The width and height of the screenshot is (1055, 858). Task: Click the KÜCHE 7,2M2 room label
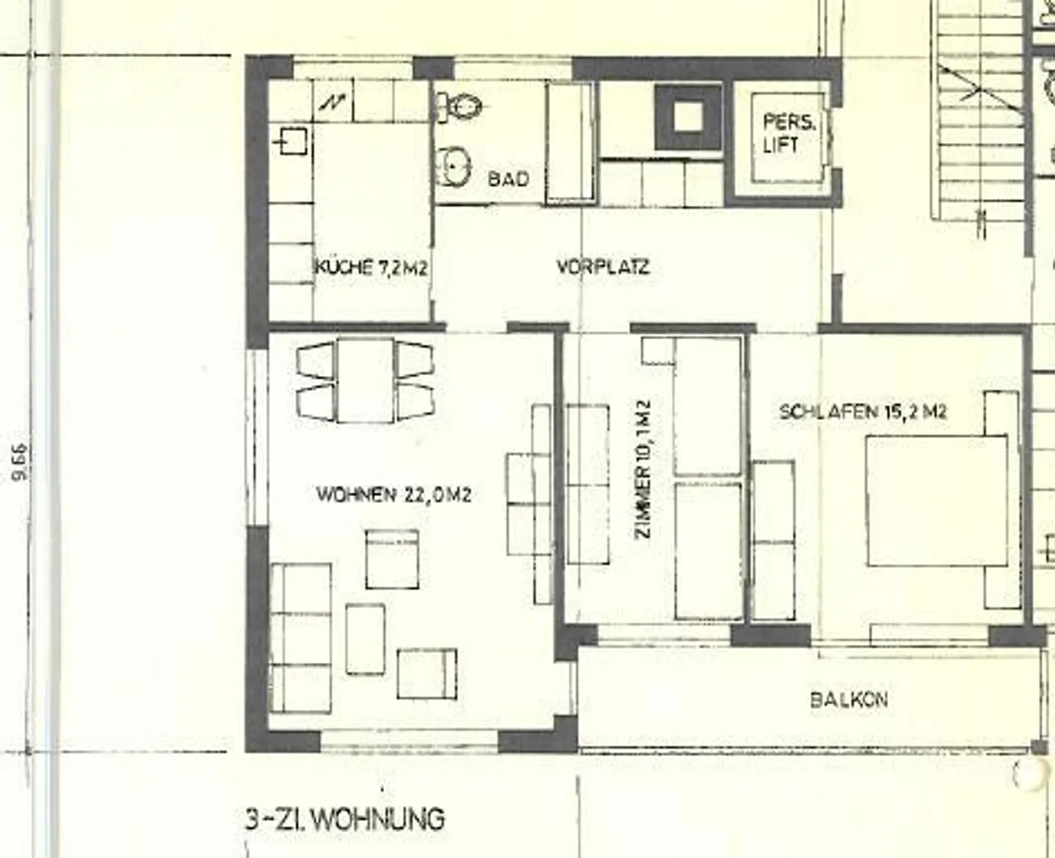371,267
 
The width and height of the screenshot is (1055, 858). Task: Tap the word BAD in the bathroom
508,179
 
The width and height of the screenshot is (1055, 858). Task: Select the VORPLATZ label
602,267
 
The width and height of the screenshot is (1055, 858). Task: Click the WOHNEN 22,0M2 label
393,495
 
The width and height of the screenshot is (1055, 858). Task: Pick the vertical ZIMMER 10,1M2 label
643,469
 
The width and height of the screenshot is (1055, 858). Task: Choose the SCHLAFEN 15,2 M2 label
862,411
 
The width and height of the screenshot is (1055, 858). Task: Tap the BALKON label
849,699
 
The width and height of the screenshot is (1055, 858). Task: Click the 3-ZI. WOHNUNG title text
344,818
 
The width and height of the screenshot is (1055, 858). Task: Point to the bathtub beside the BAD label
570,142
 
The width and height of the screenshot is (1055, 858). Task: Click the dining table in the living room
365,380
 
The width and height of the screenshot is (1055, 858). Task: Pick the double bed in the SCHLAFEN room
936,500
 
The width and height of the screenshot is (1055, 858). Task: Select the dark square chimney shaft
687,117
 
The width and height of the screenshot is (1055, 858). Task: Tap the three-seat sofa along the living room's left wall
300,638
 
